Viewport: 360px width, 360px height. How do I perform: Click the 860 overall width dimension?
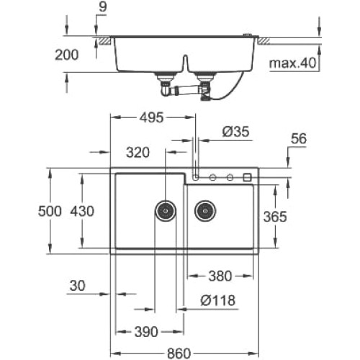[x=179, y=354]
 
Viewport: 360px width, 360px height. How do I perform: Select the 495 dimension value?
[x=152, y=117]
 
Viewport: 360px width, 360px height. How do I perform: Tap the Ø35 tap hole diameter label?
[x=235, y=132]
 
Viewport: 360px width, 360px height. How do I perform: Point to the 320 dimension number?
[x=138, y=153]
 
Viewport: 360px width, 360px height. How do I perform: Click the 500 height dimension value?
[x=50, y=211]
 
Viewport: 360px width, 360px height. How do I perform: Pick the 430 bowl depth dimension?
[x=82, y=211]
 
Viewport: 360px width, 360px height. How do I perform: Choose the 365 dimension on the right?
[x=275, y=217]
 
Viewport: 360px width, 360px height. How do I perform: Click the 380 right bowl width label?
[x=220, y=276]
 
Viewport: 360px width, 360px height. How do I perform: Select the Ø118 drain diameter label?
[x=217, y=300]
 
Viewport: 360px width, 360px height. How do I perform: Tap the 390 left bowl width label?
[x=146, y=332]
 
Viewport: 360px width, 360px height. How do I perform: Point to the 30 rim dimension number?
[x=77, y=286]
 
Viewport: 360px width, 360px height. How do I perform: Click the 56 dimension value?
[x=299, y=138]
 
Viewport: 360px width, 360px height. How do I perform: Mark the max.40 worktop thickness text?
[x=292, y=63]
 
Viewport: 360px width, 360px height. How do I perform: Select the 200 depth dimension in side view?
[x=67, y=55]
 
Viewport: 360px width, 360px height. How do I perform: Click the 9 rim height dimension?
[x=102, y=7]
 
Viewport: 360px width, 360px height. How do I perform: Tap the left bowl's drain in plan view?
[x=166, y=211]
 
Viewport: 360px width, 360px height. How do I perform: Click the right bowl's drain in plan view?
[x=205, y=211]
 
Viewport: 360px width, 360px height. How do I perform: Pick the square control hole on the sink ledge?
[x=247, y=177]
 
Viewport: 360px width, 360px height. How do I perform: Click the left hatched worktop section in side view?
[x=105, y=41]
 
